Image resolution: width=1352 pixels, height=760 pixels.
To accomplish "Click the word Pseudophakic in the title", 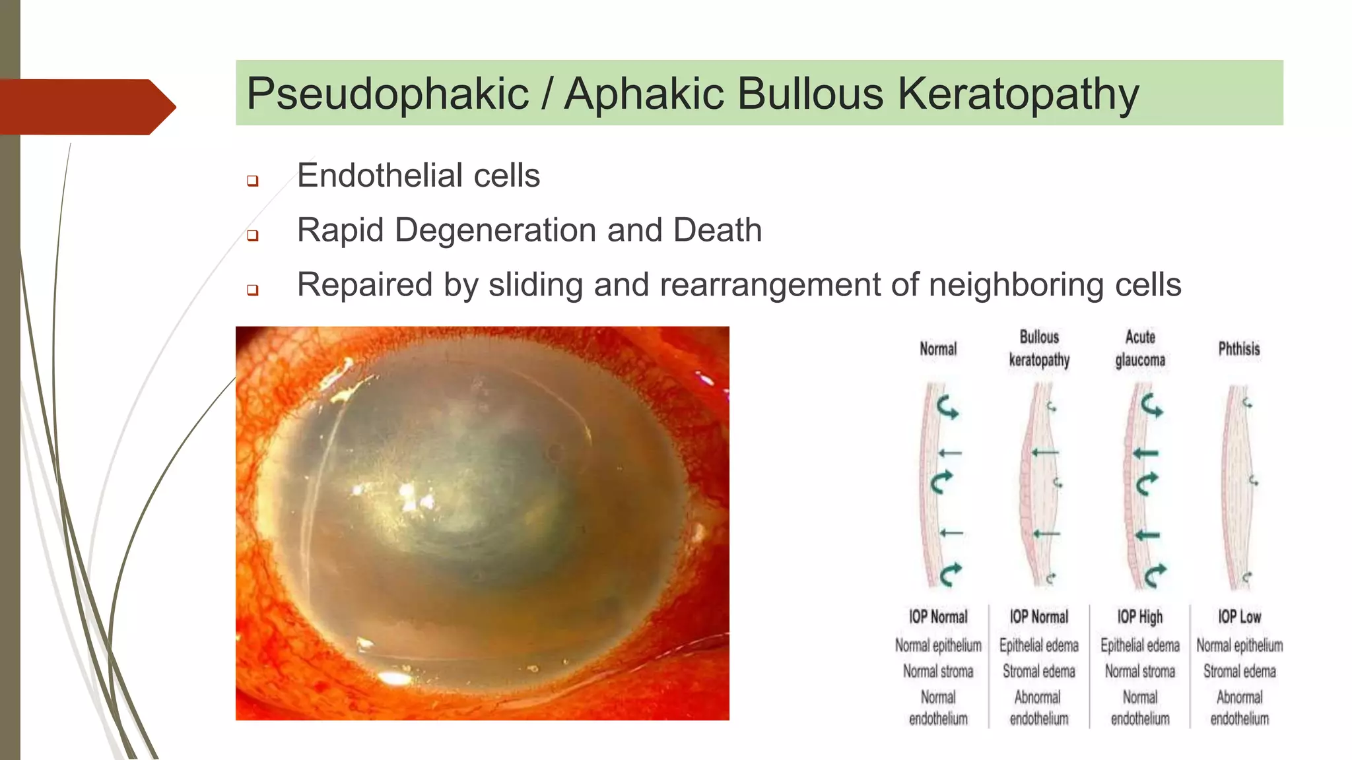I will tap(388, 94).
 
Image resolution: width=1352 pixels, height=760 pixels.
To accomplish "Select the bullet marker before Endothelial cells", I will tap(252, 180).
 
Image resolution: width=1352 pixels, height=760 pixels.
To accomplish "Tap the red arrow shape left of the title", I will tap(86, 107).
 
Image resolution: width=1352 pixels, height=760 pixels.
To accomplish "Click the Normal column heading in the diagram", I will tap(938, 348).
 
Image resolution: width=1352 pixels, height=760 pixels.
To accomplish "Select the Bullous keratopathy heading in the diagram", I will tap(1039, 348).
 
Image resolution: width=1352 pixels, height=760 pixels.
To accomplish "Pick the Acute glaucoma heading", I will tap(1140, 348).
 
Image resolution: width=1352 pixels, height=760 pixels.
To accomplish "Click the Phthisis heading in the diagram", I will tap(1239, 348).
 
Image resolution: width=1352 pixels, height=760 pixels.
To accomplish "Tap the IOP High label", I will tap(1140, 617).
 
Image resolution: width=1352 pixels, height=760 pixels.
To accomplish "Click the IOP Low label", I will tap(1239, 617).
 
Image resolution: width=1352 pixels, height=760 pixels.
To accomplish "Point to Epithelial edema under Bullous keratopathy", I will tap(1039, 645).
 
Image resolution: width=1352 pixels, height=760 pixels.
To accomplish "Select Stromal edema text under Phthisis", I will tap(1239, 672).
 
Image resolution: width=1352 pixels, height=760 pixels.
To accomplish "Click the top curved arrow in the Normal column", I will tap(947, 407).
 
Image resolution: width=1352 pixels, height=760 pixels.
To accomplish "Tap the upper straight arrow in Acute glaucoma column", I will tap(1145, 453).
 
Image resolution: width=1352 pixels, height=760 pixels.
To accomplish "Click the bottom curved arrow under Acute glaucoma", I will tap(1154, 575).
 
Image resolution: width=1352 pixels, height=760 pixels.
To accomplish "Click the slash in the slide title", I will tap(547, 94).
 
